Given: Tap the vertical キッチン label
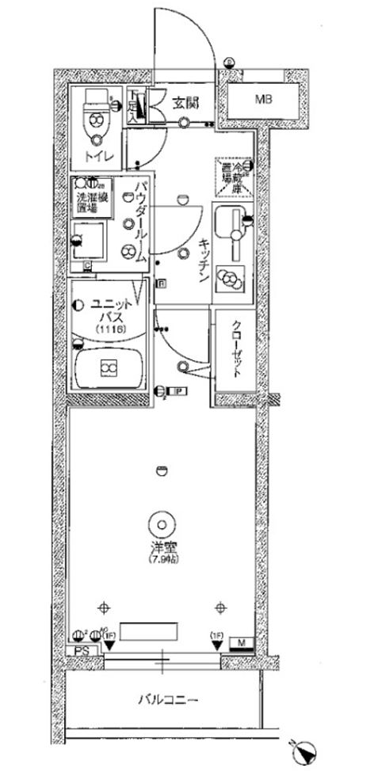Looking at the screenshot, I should pyautogui.click(x=203, y=261).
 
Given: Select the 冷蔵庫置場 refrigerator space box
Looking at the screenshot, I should pyautogui.click(x=235, y=177).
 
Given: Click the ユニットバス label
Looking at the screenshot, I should pyautogui.click(x=105, y=307).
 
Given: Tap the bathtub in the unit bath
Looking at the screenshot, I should pyautogui.click(x=108, y=367).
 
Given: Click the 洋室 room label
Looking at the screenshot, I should pyautogui.click(x=162, y=547).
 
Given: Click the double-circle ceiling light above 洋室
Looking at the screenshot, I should pyautogui.click(x=162, y=523).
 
